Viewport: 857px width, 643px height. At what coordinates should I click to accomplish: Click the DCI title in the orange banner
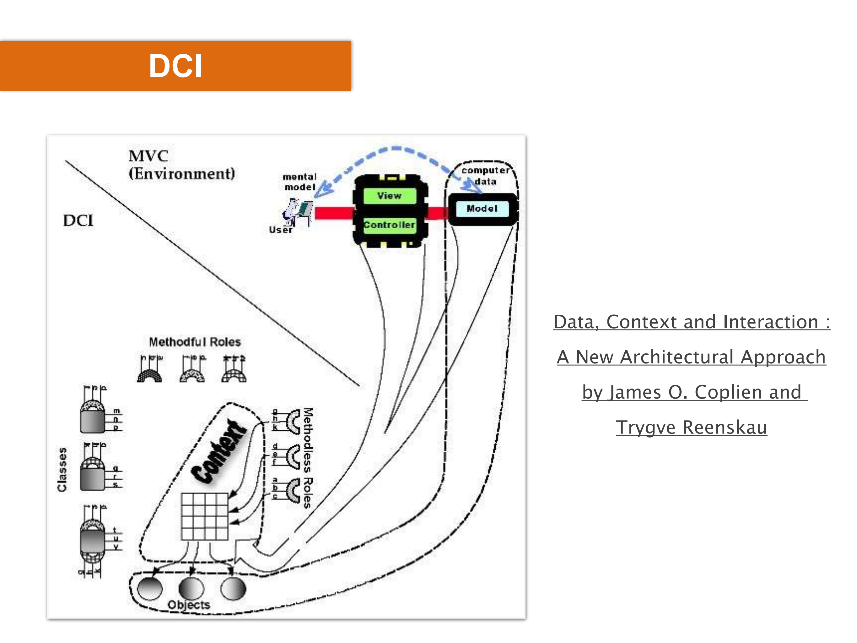(175, 66)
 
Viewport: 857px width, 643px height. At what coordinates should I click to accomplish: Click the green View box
(389, 196)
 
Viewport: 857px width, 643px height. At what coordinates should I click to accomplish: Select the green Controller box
(389, 225)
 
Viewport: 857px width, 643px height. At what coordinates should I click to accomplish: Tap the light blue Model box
(482, 209)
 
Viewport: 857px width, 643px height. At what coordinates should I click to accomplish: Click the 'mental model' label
(299, 182)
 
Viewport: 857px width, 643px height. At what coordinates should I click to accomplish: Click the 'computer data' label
(485, 176)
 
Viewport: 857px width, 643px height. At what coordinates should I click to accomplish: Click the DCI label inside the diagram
(78, 221)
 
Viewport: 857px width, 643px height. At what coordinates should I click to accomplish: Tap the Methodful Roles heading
(195, 342)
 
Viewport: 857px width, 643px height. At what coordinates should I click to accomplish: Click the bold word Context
(219, 451)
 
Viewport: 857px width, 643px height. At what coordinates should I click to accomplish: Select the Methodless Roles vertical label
(308, 457)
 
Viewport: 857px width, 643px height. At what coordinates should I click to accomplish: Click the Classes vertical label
(62, 469)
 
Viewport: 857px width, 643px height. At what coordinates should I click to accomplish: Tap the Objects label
(189, 605)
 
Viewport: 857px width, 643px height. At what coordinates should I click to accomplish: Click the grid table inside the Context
(205, 516)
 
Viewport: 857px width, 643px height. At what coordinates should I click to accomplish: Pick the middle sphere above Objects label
(191, 588)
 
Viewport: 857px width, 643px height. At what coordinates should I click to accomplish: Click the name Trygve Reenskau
(691, 427)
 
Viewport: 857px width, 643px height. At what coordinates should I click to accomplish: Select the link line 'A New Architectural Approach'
(691, 357)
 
